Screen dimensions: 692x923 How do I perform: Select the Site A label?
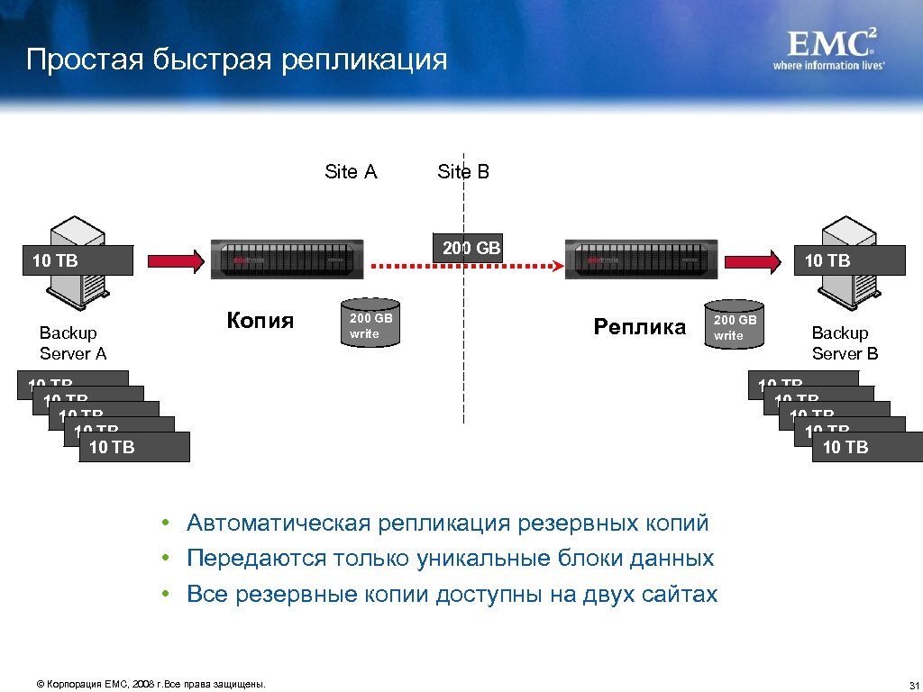(x=351, y=171)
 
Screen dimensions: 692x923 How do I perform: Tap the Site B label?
(x=463, y=171)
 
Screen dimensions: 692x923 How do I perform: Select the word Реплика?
(x=640, y=326)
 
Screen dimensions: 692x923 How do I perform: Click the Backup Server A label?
(x=72, y=343)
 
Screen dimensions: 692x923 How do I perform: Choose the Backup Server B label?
(x=845, y=343)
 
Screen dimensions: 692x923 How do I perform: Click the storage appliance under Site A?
(x=287, y=260)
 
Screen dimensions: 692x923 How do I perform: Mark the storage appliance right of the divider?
(x=642, y=260)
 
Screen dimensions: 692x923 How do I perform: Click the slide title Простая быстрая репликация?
(x=236, y=59)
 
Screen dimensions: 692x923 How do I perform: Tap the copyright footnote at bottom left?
(x=151, y=685)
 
